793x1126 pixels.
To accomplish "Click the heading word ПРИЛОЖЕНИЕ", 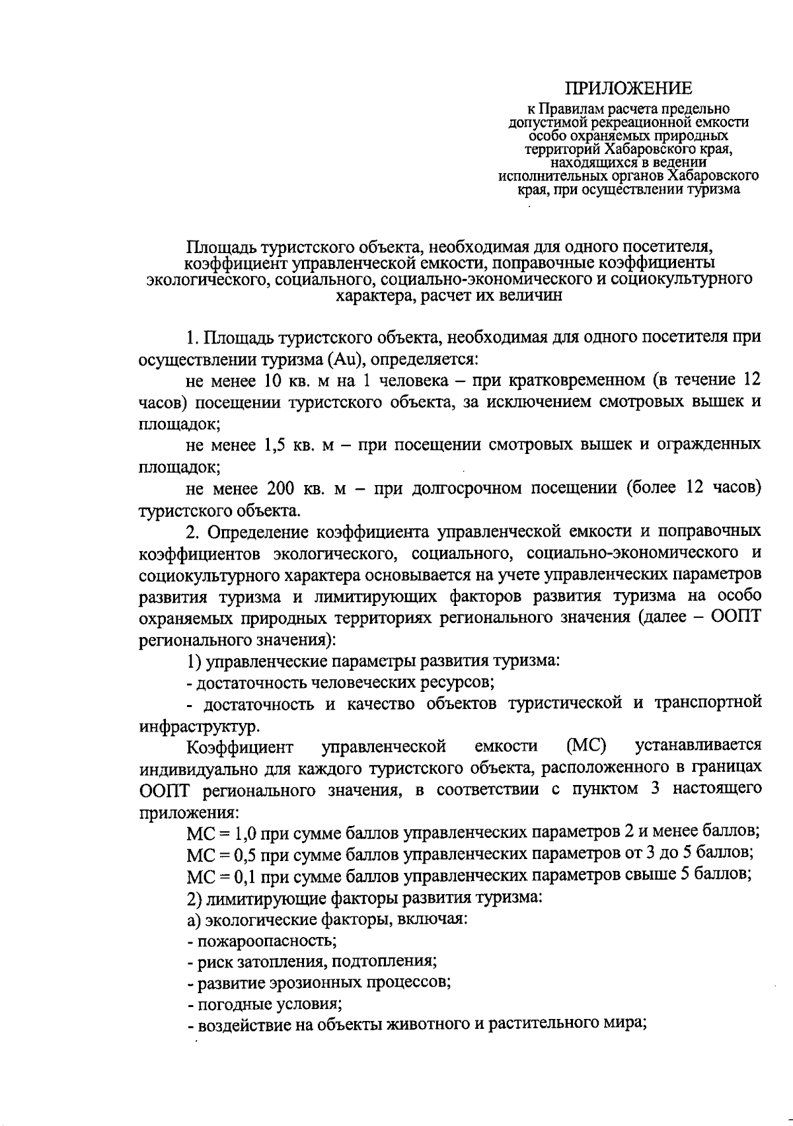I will [x=628, y=89].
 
